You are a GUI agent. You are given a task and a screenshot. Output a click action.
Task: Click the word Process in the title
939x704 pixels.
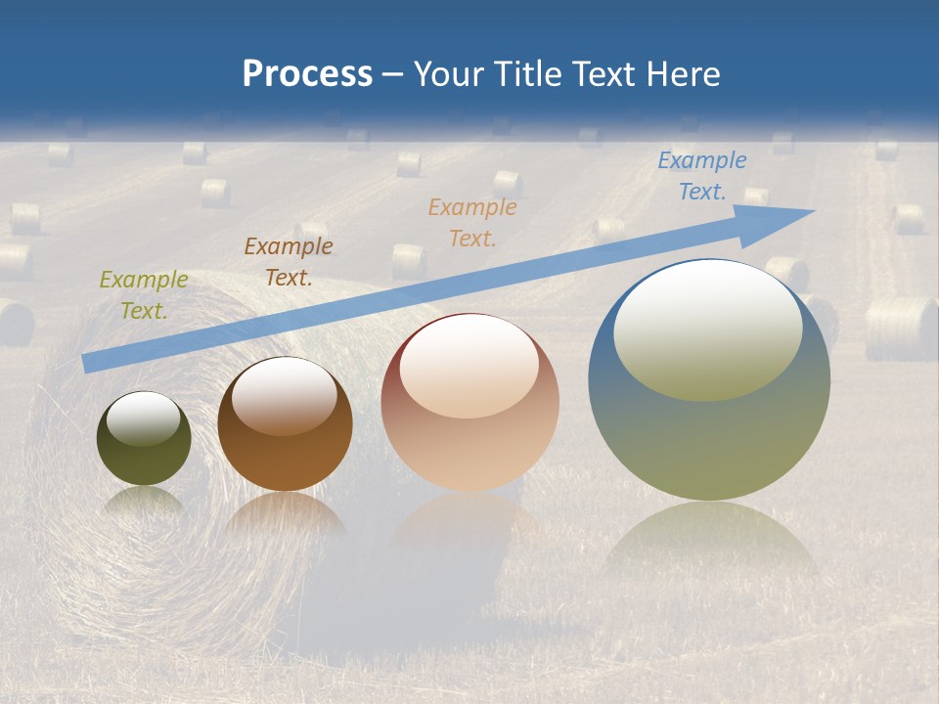tap(307, 74)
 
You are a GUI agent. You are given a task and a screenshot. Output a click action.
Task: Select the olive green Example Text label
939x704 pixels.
tap(143, 294)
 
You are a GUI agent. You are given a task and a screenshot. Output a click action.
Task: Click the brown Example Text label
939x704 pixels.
tap(288, 261)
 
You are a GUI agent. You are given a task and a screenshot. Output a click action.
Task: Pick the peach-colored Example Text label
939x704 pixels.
tap(471, 222)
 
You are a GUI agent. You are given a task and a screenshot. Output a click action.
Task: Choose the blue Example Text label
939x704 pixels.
tap(701, 175)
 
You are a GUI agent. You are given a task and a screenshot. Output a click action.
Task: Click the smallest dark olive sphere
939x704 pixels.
tap(144, 460)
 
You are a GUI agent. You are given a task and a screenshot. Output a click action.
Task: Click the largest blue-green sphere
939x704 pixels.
tap(708, 440)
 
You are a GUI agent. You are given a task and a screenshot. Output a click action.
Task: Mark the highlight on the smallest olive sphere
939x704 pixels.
tap(144, 418)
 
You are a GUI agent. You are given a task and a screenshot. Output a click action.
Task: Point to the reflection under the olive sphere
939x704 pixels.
tap(144, 501)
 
